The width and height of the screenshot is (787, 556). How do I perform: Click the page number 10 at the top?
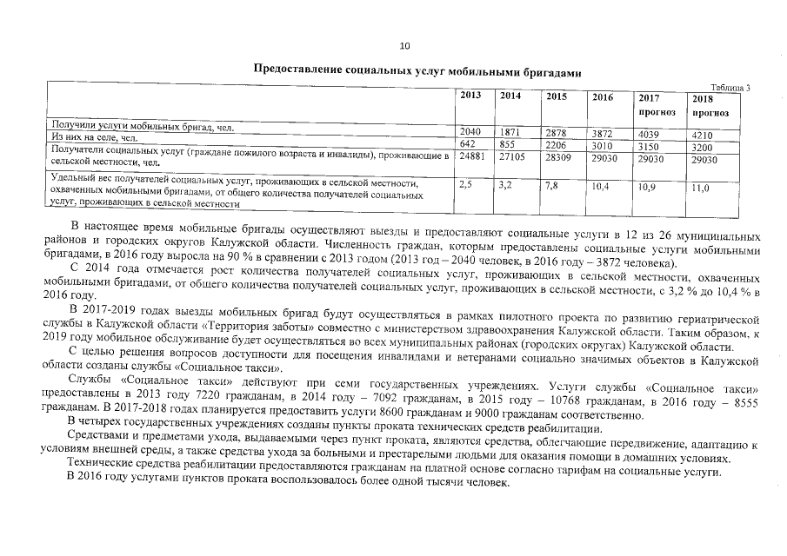pyautogui.click(x=404, y=46)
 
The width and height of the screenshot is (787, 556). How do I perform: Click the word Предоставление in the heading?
pyautogui.click(x=293, y=69)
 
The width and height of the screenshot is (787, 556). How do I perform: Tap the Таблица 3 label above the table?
pyautogui.click(x=730, y=88)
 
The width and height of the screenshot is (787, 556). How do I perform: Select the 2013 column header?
pyautogui.click(x=470, y=96)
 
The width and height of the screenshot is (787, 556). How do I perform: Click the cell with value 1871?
pyautogui.click(x=510, y=132)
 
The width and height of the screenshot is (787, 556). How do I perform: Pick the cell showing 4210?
pyautogui.click(x=702, y=135)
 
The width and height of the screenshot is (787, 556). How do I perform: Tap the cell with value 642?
pyautogui.click(x=470, y=143)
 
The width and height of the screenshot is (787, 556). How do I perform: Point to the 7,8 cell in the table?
pyautogui.click(x=550, y=185)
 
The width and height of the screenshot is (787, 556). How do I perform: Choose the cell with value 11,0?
pyautogui.click(x=700, y=188)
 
